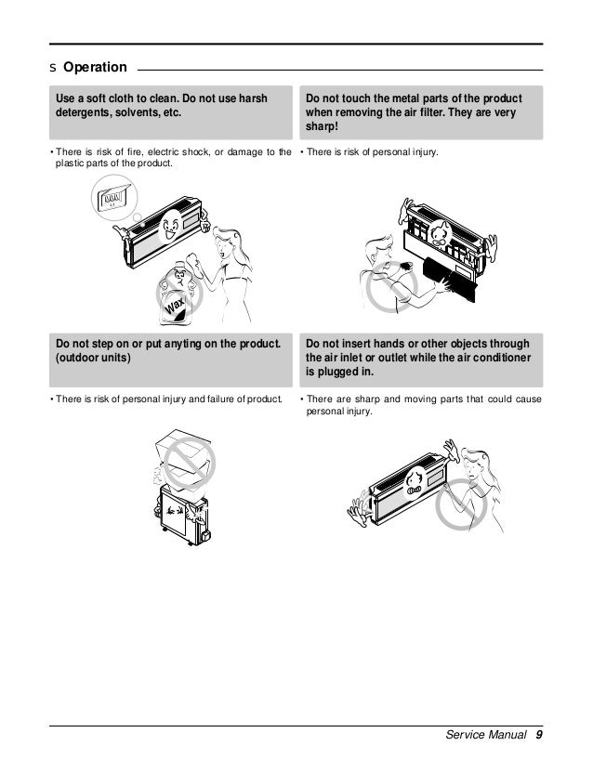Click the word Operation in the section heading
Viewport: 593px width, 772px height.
(94, 68)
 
